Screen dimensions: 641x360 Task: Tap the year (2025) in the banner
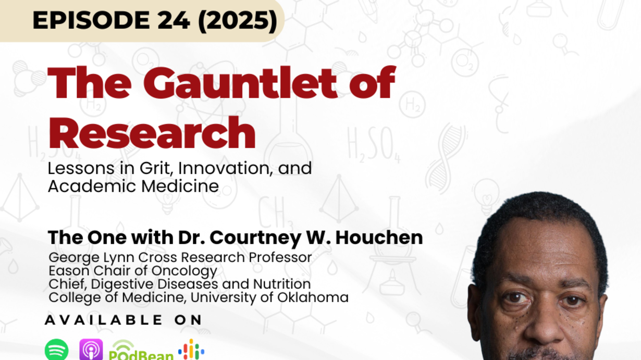tap(238, 21)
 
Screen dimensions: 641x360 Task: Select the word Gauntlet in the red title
tap(240, 83)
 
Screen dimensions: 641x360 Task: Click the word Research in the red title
tap(152, 132)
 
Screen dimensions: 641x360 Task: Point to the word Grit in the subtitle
tap(156, 168)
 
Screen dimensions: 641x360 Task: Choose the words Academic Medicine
tap(133, 187)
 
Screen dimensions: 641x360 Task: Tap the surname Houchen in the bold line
tap(379, 238)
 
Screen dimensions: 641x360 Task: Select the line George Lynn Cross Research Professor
tap(180, 257)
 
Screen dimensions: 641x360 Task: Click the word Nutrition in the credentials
tap(282, 284)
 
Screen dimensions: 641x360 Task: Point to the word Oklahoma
tap(313, 297)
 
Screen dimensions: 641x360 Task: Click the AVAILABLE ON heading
tap(124, 320)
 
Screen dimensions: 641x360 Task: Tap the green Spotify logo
tap(57, 350)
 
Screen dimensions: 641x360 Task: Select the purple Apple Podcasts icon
tap(91, 350)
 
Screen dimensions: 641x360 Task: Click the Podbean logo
tap(141, 351)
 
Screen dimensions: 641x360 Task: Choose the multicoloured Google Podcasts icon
tap(191, 350)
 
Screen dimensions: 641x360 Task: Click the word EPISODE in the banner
tap(91, 20)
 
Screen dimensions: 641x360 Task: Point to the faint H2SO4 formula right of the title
tap(374, 144)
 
